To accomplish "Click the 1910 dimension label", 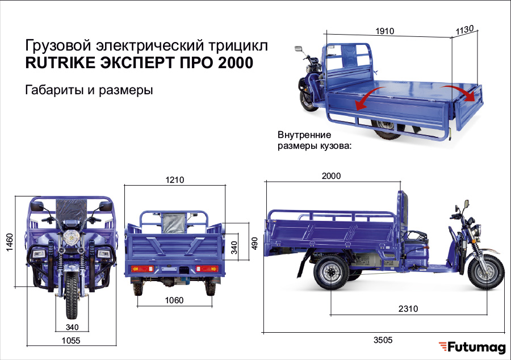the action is point(384,31).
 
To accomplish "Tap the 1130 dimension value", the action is point(464,30).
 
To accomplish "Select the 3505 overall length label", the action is point(383,340).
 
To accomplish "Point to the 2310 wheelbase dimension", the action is point(408,308).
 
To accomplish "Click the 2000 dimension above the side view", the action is point(331,176).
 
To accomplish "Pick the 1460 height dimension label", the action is point(10,242).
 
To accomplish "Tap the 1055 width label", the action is point(71,341).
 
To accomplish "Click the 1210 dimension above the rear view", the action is point(175,180).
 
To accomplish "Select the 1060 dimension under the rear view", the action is point(174,300).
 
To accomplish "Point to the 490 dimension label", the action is point(254,244).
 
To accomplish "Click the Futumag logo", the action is point(472,347).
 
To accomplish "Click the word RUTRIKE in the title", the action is point(60,62).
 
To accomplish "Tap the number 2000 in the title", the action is point(235,62).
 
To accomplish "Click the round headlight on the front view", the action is point(72,237).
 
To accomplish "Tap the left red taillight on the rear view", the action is point(142,269).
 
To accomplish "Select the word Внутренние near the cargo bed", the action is point(304,135).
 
